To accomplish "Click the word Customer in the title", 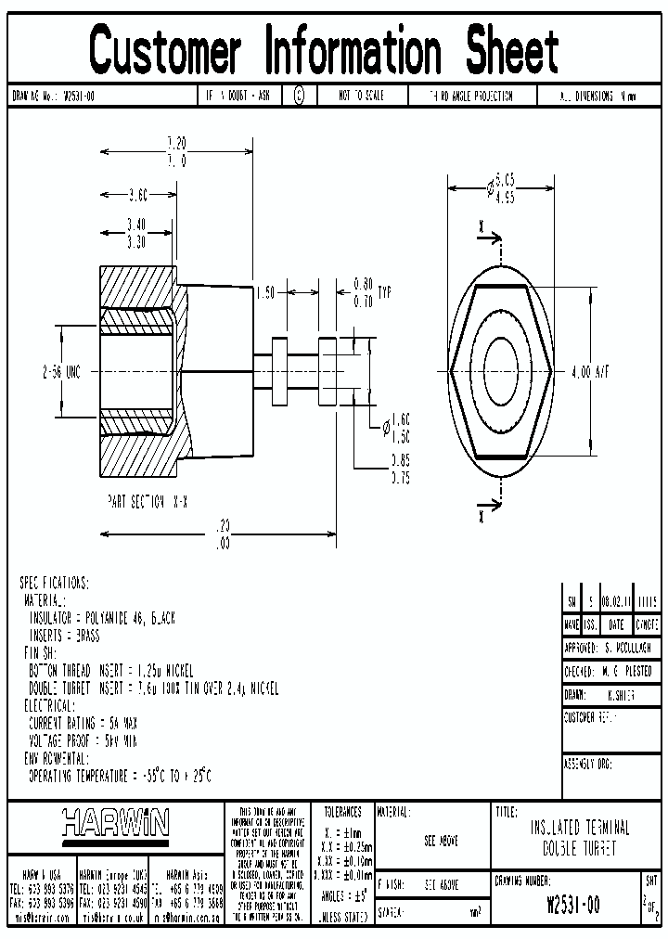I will (x=166, y=50).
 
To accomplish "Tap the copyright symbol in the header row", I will (x=299, y=96).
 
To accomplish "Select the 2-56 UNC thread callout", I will (x=61, y=372).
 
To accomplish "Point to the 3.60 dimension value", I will (x=137, y=195).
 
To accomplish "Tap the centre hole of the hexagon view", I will (x=502, y=371).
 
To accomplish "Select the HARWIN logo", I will (x=116, y=822).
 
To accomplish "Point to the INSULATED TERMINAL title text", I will (x=580, y=828).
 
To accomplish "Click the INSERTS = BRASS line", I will (x=64, y=637).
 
